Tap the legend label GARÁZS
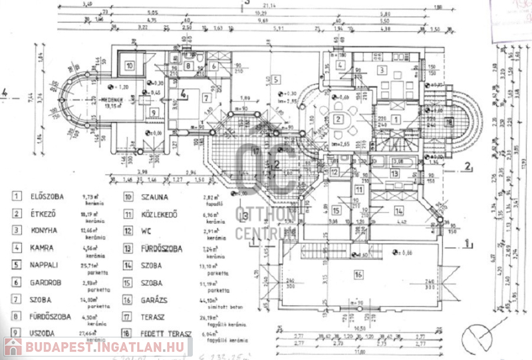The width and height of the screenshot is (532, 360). click(x=158, y=299)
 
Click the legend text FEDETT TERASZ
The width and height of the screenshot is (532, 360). click(x=166, y=334)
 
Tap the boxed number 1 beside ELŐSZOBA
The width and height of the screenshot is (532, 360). click(x=13, y=196)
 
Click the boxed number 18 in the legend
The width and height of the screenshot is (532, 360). click(x=127, y=334)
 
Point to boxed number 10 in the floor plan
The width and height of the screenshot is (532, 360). click(x=130, y=65)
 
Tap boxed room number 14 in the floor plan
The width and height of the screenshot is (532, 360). click(x=398, y=210)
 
